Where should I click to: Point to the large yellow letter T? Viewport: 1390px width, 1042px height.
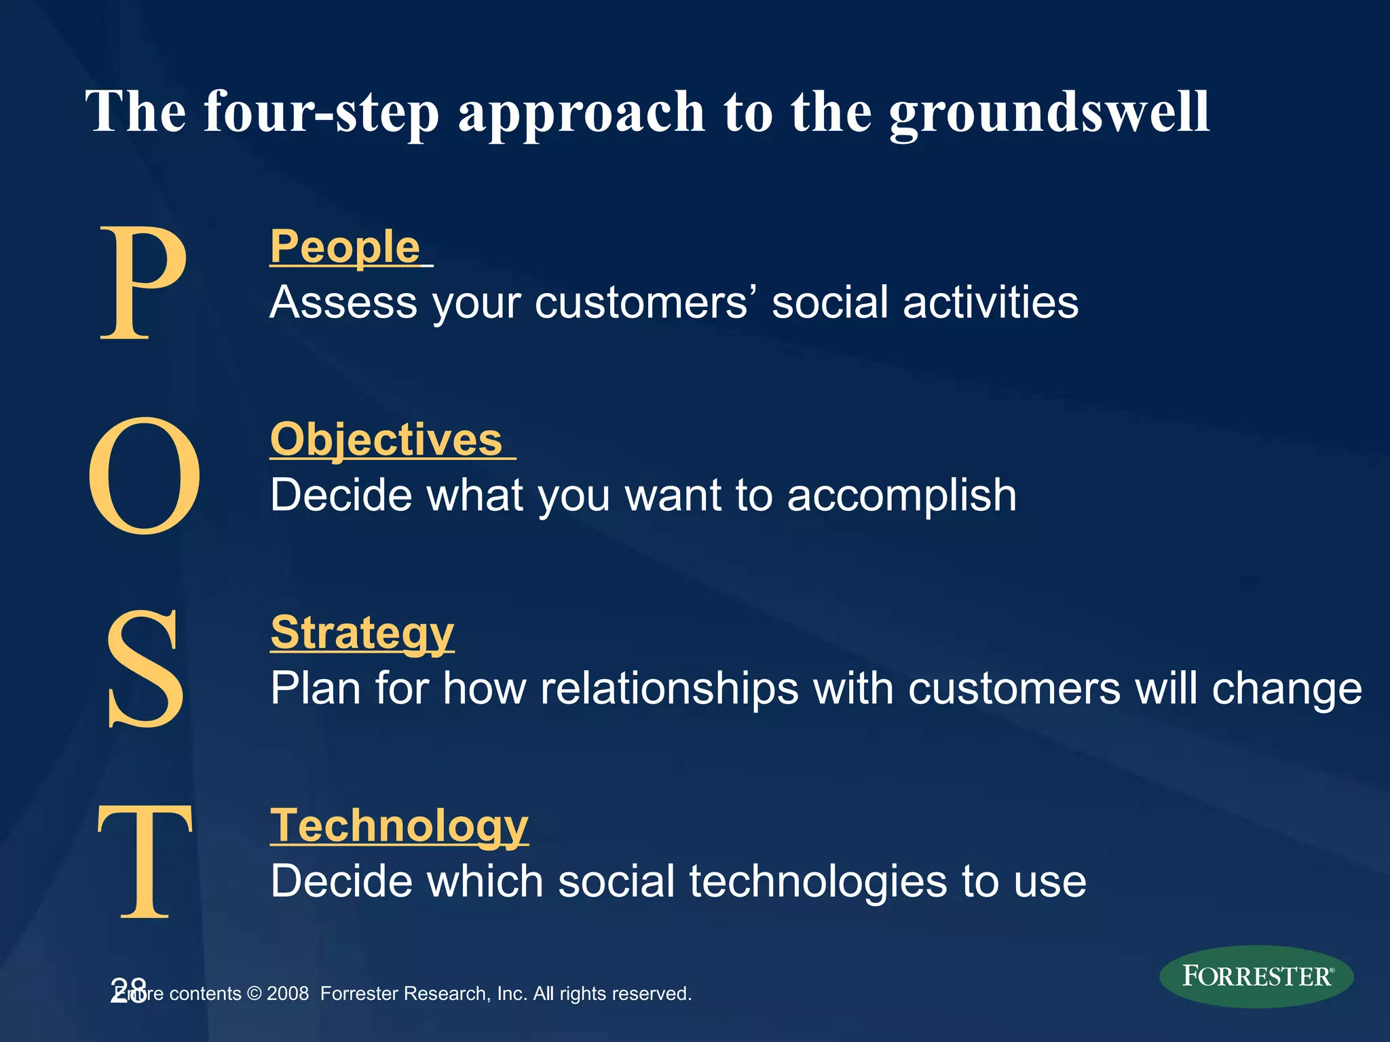145,860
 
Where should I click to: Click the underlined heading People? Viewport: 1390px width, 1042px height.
345,247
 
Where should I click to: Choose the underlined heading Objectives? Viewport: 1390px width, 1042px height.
386,440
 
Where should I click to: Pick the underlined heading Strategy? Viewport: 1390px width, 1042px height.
362,632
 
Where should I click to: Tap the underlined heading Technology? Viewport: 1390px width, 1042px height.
399,826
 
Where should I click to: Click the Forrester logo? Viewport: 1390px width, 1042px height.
1256,976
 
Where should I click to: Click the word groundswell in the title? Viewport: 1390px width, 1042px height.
1049,112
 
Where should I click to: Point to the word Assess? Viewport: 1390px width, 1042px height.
343,303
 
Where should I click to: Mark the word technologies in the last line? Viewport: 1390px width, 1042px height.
818,881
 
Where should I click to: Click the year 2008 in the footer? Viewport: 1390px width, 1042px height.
288,994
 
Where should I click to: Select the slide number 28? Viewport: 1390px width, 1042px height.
128,990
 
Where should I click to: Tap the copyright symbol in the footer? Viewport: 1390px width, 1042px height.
255,994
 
